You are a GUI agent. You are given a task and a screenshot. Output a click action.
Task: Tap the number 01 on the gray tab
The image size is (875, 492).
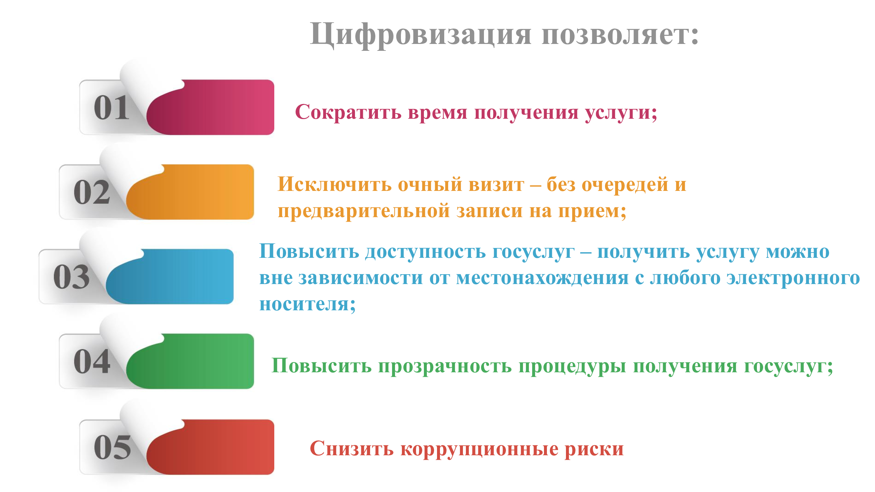(112, 108)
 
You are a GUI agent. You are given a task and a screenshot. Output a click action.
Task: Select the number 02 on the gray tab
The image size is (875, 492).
(92, 192)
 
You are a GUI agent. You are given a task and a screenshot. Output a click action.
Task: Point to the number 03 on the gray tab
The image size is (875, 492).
(72, 277)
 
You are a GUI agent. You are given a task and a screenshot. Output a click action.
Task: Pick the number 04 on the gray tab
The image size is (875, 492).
(92, 361)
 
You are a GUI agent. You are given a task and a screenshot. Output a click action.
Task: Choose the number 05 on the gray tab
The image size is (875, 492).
(113, 447)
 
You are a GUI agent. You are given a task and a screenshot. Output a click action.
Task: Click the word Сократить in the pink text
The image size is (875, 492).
(348, 113)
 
